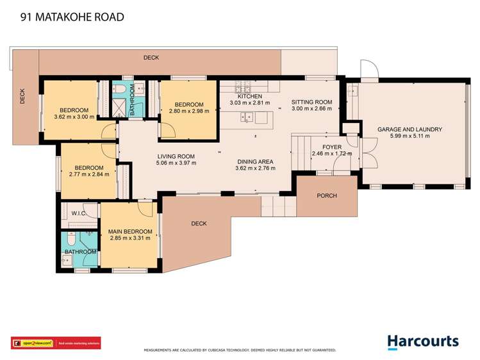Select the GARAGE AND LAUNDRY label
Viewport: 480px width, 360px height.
(410, 129)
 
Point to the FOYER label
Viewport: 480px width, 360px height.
(331, 147)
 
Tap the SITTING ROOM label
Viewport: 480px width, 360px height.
(311, 102)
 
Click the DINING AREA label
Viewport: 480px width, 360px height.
(255, 161)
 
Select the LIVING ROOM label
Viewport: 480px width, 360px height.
(176, 156)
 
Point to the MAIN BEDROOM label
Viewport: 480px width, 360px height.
(130, 231)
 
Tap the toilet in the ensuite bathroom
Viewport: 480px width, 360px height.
(74, 240)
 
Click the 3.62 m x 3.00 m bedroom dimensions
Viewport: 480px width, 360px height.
(74, 117)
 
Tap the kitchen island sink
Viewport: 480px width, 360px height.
(246, 117)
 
